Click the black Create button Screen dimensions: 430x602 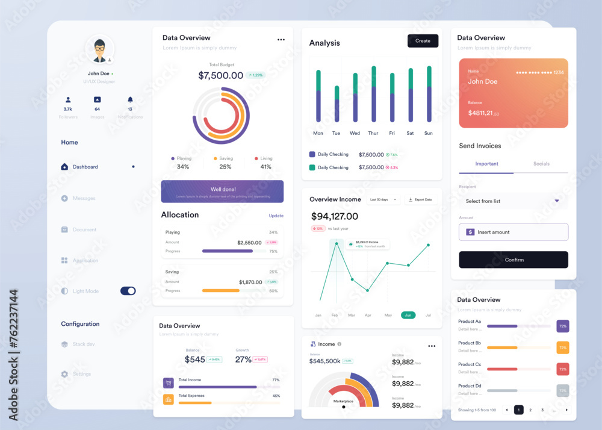coord(423,41)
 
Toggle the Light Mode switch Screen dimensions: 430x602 coord(128,291)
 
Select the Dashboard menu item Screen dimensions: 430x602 coord(85,167)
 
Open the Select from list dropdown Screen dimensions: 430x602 coord(513,201)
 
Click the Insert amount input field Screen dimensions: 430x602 coord(514,232)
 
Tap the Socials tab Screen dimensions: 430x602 coord(541,164)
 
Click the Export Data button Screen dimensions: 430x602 coord(420,199)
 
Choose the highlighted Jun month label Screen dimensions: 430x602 coord(408,315)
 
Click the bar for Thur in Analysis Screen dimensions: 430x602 coord(374,94)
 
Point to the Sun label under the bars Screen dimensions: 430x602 coord(429,133)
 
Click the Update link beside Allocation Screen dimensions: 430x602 coord(276,216)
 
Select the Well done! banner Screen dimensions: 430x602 coord(222,191)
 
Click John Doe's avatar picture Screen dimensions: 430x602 coord(99,49)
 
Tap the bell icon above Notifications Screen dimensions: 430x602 coord(130,100)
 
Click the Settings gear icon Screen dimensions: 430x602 coord(64,374)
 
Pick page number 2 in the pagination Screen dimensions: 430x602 coord(530,410)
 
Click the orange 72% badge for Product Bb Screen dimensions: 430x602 coord(563,347)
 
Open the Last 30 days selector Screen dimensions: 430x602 coord(383,199)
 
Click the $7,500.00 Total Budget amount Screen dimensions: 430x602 coord(220,75)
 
